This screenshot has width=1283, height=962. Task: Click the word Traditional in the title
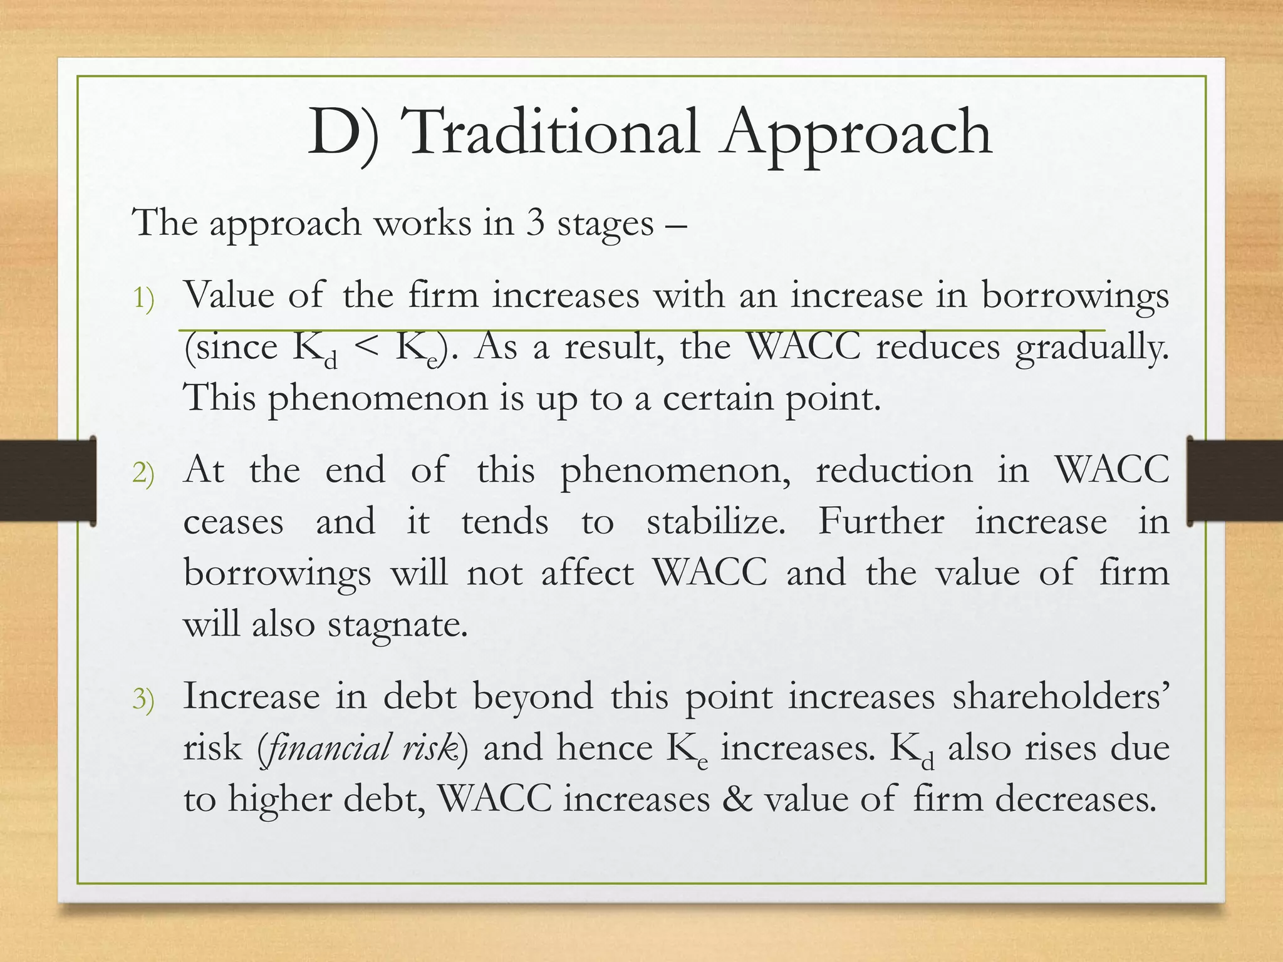[553, 132]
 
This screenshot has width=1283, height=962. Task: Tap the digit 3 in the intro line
[535, 224]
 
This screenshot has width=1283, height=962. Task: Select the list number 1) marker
[143, 299]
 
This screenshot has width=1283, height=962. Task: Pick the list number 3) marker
[143, 699]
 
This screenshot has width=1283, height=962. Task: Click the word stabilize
[715, 522]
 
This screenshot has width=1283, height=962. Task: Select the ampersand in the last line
[737, 799]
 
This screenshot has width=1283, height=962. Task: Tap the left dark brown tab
[48, 480]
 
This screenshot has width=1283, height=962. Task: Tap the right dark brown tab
[1234, 480]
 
